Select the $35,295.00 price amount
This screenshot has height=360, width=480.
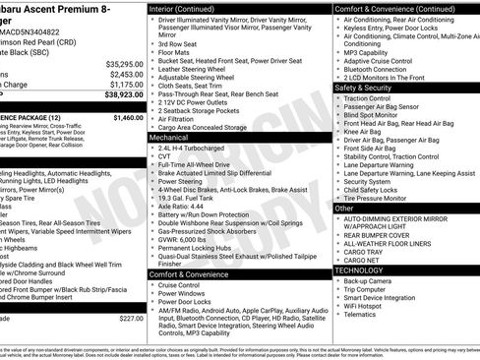pos(122,62)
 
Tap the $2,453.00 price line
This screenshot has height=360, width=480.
pos(124,74)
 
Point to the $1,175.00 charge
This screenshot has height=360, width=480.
pos(124,86)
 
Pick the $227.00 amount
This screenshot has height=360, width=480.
pos(130,345)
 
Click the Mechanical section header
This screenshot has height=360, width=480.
pos(169,139)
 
